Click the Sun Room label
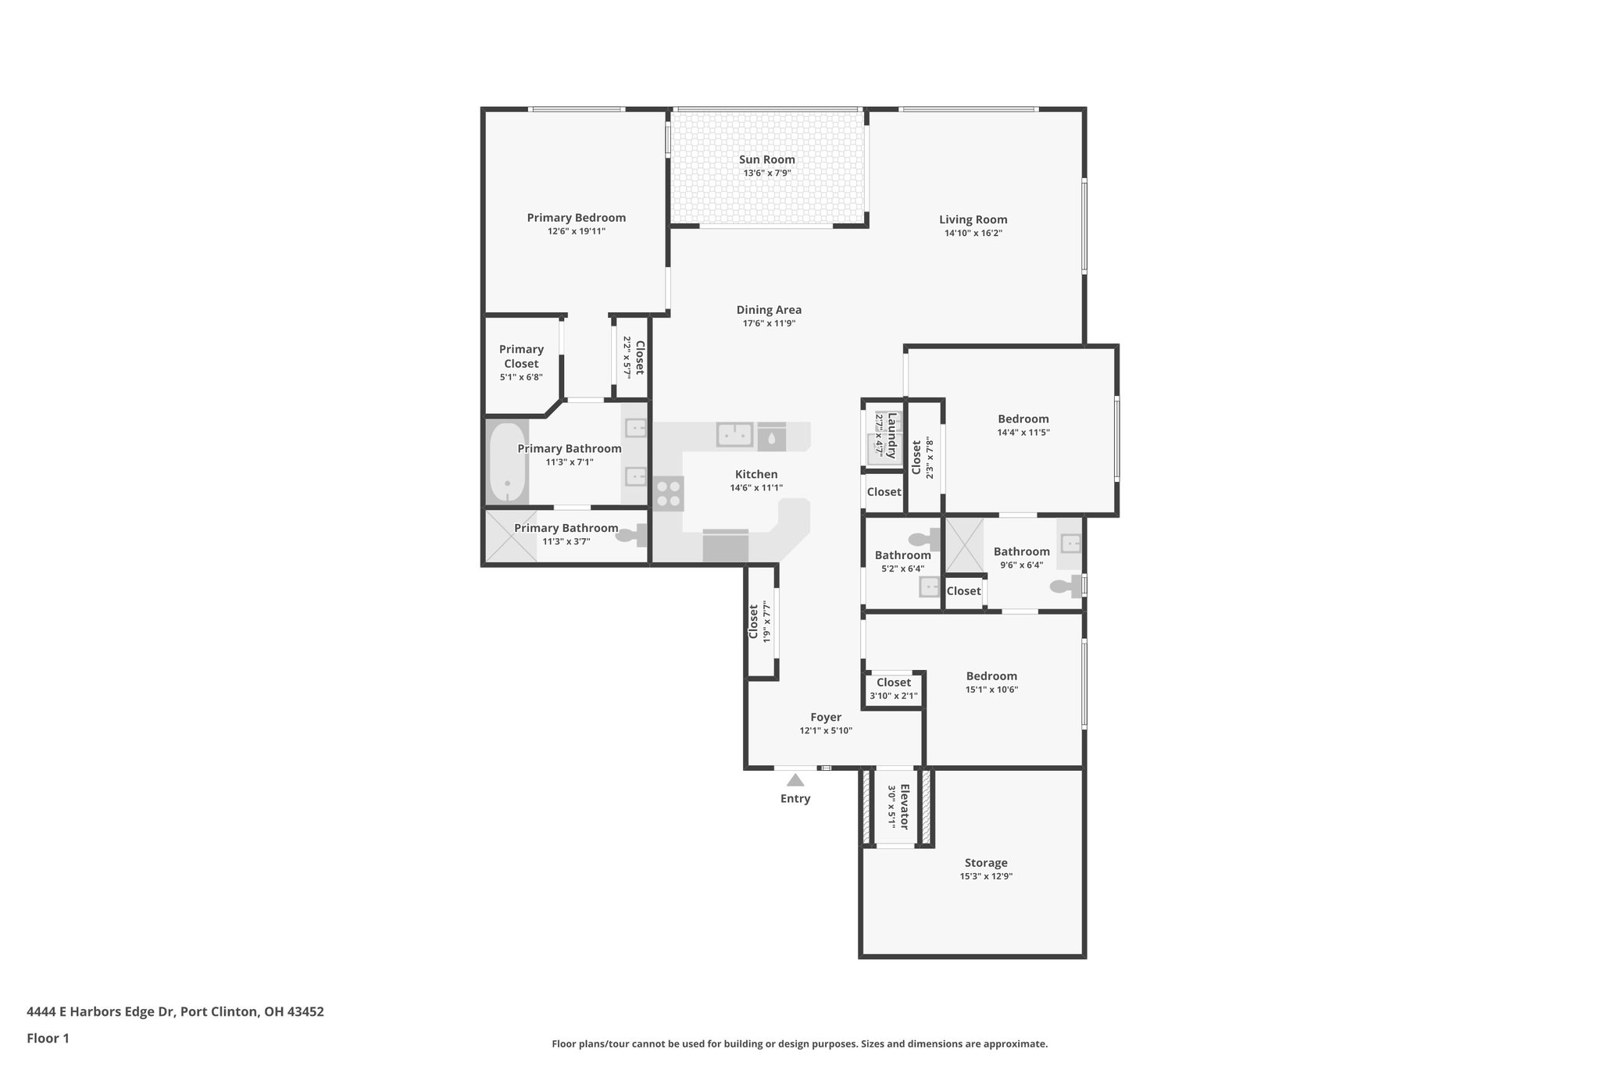tap(767, 159)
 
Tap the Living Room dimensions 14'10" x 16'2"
tap(973, 234)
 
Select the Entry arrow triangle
tap(795, 780)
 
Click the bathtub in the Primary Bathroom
tap(507, 464)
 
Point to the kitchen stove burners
tap(669, 494)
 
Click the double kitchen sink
tap(734, 433)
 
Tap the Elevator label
tap(905, 807)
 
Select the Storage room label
tap(985, 863)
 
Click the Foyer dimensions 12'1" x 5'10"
tap(826, 731)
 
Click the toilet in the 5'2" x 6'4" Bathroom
tap(925, 539)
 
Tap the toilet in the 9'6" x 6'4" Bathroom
tap(1067, 586)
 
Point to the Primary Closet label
tap(521, 356)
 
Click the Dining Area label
tap(769, 310)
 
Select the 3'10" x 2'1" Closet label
tap(893, 683)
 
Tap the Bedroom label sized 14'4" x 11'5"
tap(1023, 419)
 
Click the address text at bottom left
tap(175, 1011)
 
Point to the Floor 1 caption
tap(48, 1038)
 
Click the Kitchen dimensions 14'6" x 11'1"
tap(756, 488)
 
